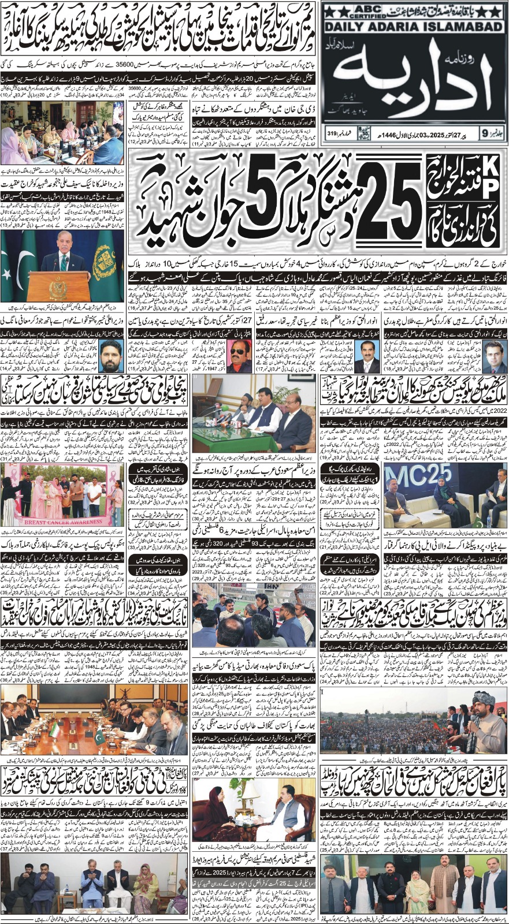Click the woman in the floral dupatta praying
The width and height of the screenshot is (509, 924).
coord(145,887)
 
